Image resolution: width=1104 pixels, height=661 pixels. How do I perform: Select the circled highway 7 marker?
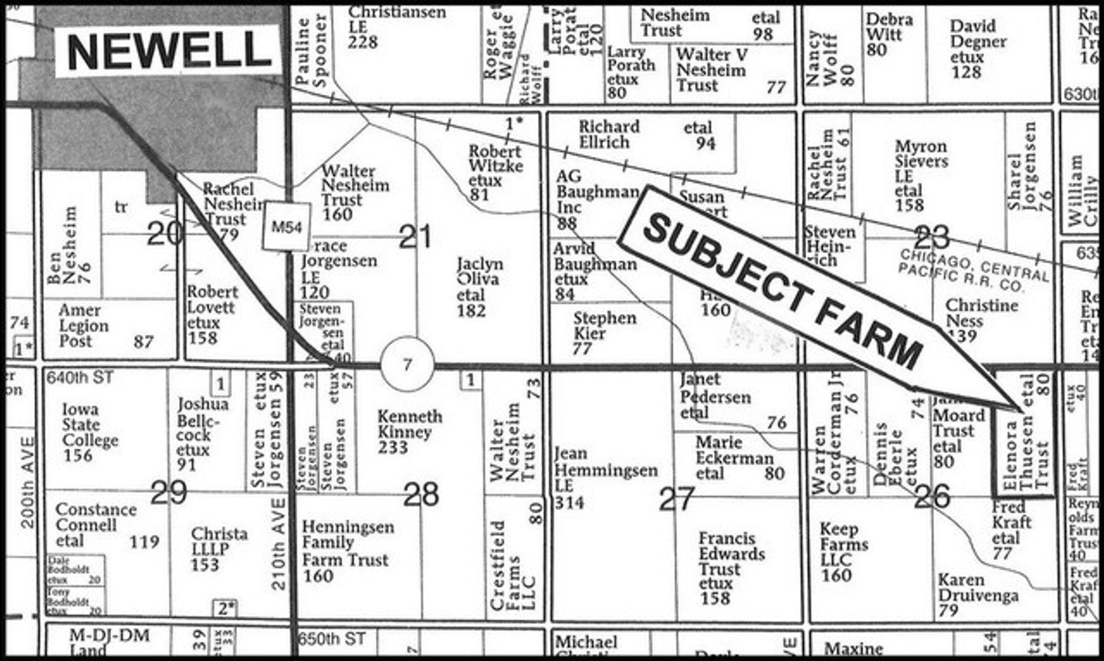[407, 365]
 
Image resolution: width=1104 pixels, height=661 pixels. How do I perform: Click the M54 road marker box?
[286, 227]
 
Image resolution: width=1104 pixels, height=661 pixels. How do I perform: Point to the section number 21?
[415, 238]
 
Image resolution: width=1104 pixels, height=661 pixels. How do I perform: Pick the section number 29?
[168, 492]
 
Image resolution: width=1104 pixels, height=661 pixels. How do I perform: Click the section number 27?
[677, 499]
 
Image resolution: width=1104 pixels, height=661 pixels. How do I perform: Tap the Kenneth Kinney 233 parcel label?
[409, 431]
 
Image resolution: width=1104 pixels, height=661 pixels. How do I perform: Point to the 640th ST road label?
[80, 377]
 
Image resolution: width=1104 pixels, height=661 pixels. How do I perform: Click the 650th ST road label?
[332, 638]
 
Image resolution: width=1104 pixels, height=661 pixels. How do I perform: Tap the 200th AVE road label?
[28, 482]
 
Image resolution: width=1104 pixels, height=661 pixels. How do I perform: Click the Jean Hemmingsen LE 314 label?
[604, 477]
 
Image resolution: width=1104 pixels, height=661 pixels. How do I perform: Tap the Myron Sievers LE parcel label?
[920, 176]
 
